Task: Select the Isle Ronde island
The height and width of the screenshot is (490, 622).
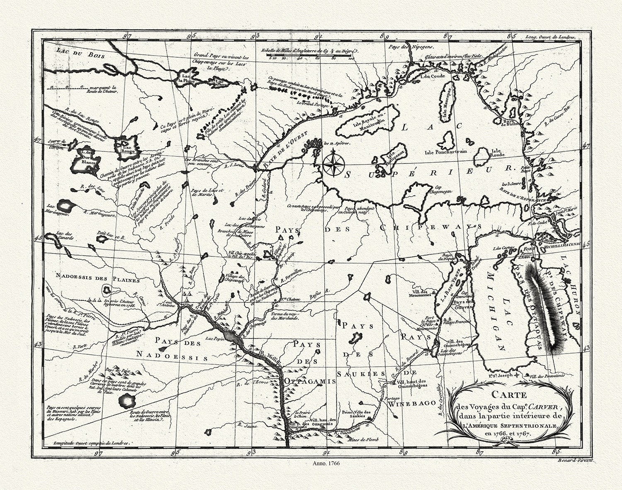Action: pyautogui.click(x=481, y=157)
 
